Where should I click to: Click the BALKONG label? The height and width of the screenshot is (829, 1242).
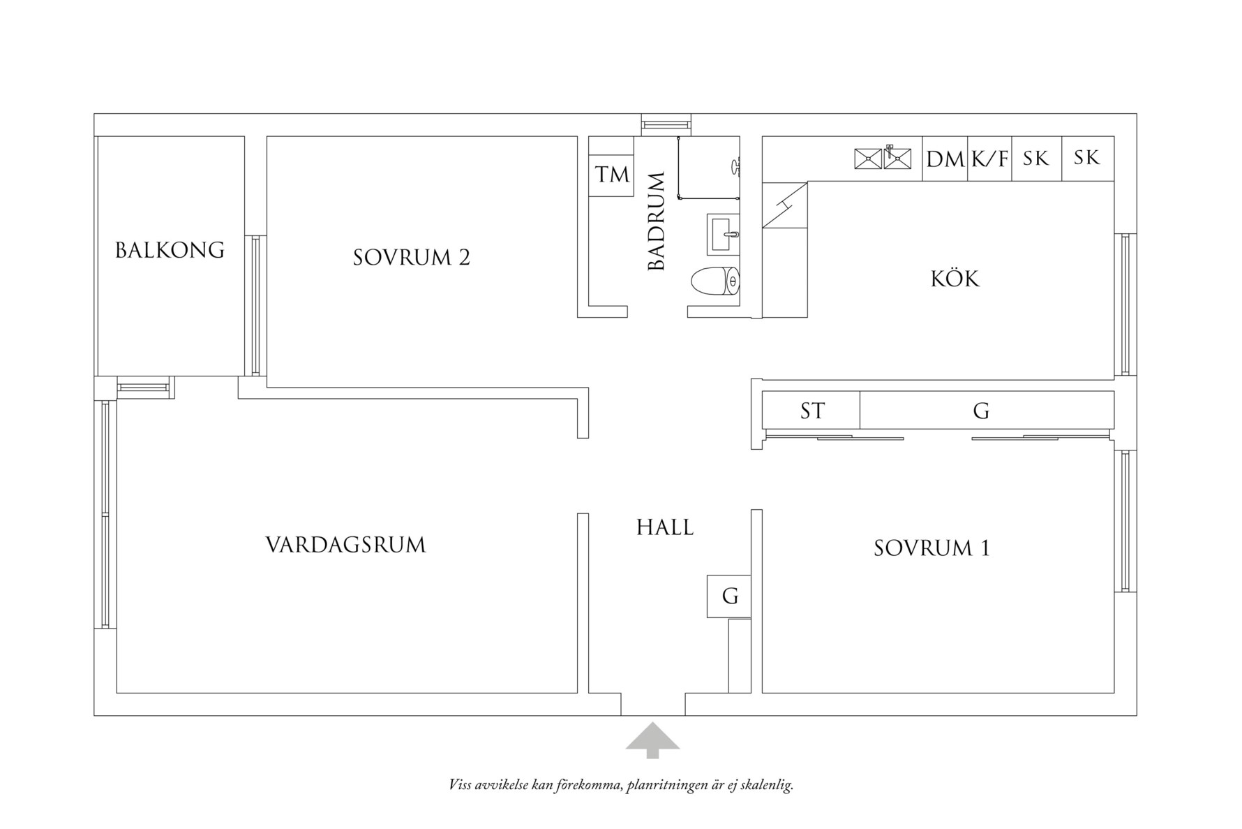click(170, 250)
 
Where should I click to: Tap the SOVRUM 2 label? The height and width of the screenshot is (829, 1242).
click(411, 258)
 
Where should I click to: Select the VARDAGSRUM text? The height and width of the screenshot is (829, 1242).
click(345, 545)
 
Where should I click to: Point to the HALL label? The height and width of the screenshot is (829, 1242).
click(664, 527)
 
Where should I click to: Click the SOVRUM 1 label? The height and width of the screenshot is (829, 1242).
click(931, 548)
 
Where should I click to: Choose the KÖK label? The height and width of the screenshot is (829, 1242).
click(955, 279)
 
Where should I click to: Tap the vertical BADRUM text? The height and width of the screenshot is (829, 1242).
click(657, 222)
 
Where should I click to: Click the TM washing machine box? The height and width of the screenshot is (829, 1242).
click(612, 175)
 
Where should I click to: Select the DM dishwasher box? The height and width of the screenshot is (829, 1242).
click(945, 159)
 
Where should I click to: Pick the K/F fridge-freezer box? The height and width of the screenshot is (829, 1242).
click(989, 159)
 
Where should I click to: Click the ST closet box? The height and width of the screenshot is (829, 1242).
click(811, 411)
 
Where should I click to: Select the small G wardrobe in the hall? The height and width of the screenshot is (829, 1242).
click(729, 596)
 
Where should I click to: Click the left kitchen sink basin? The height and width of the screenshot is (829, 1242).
click(868, 159)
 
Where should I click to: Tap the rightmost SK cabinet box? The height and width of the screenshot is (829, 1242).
click(1087, 159)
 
